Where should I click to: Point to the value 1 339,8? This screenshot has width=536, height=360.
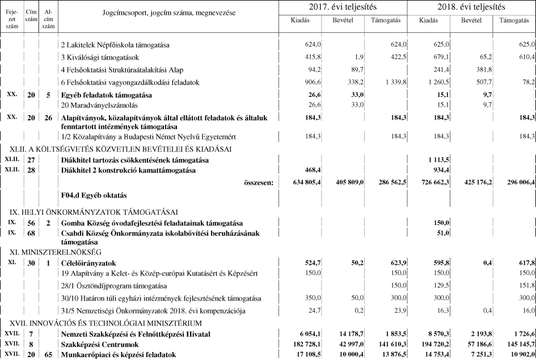393,82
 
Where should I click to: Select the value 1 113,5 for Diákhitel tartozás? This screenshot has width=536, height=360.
438,160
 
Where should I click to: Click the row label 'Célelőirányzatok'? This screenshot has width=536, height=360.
89,262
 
